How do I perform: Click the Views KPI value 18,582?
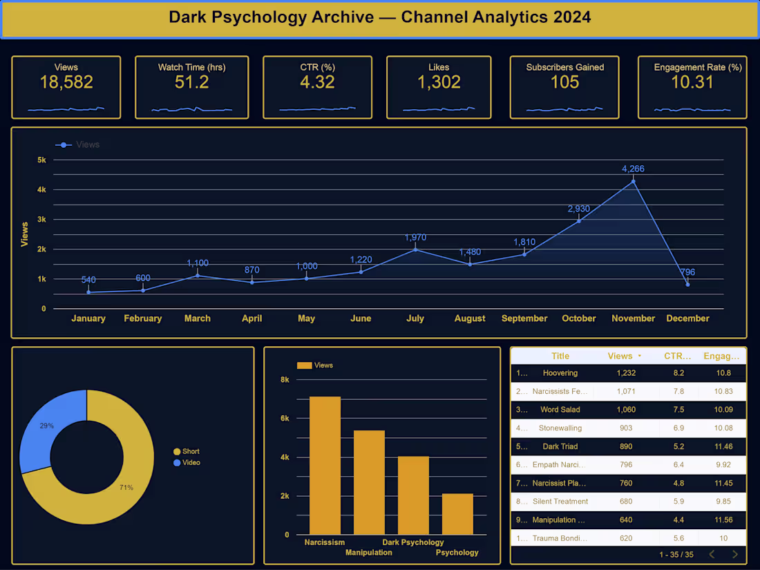(x=66, y=83)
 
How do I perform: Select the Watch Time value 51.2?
(x=191, y=83)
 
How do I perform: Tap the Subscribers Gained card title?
(x=564, y=67)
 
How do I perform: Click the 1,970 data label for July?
(x=415, y=238)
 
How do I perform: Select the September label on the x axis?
(x=524, y=319)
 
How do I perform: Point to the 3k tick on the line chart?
(x=41, y=219)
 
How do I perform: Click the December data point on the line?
(x=687, y=284)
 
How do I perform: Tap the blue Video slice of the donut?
(x=48, y=425)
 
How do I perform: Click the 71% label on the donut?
(x=126, y=488)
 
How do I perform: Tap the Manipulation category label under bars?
(x=368, y=553)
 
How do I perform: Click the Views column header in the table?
(x=620, y=356)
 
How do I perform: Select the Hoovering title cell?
(x=560, y=373)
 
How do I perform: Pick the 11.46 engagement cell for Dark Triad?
(x=723, y=446)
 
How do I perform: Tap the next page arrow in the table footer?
(x=734, y=554)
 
